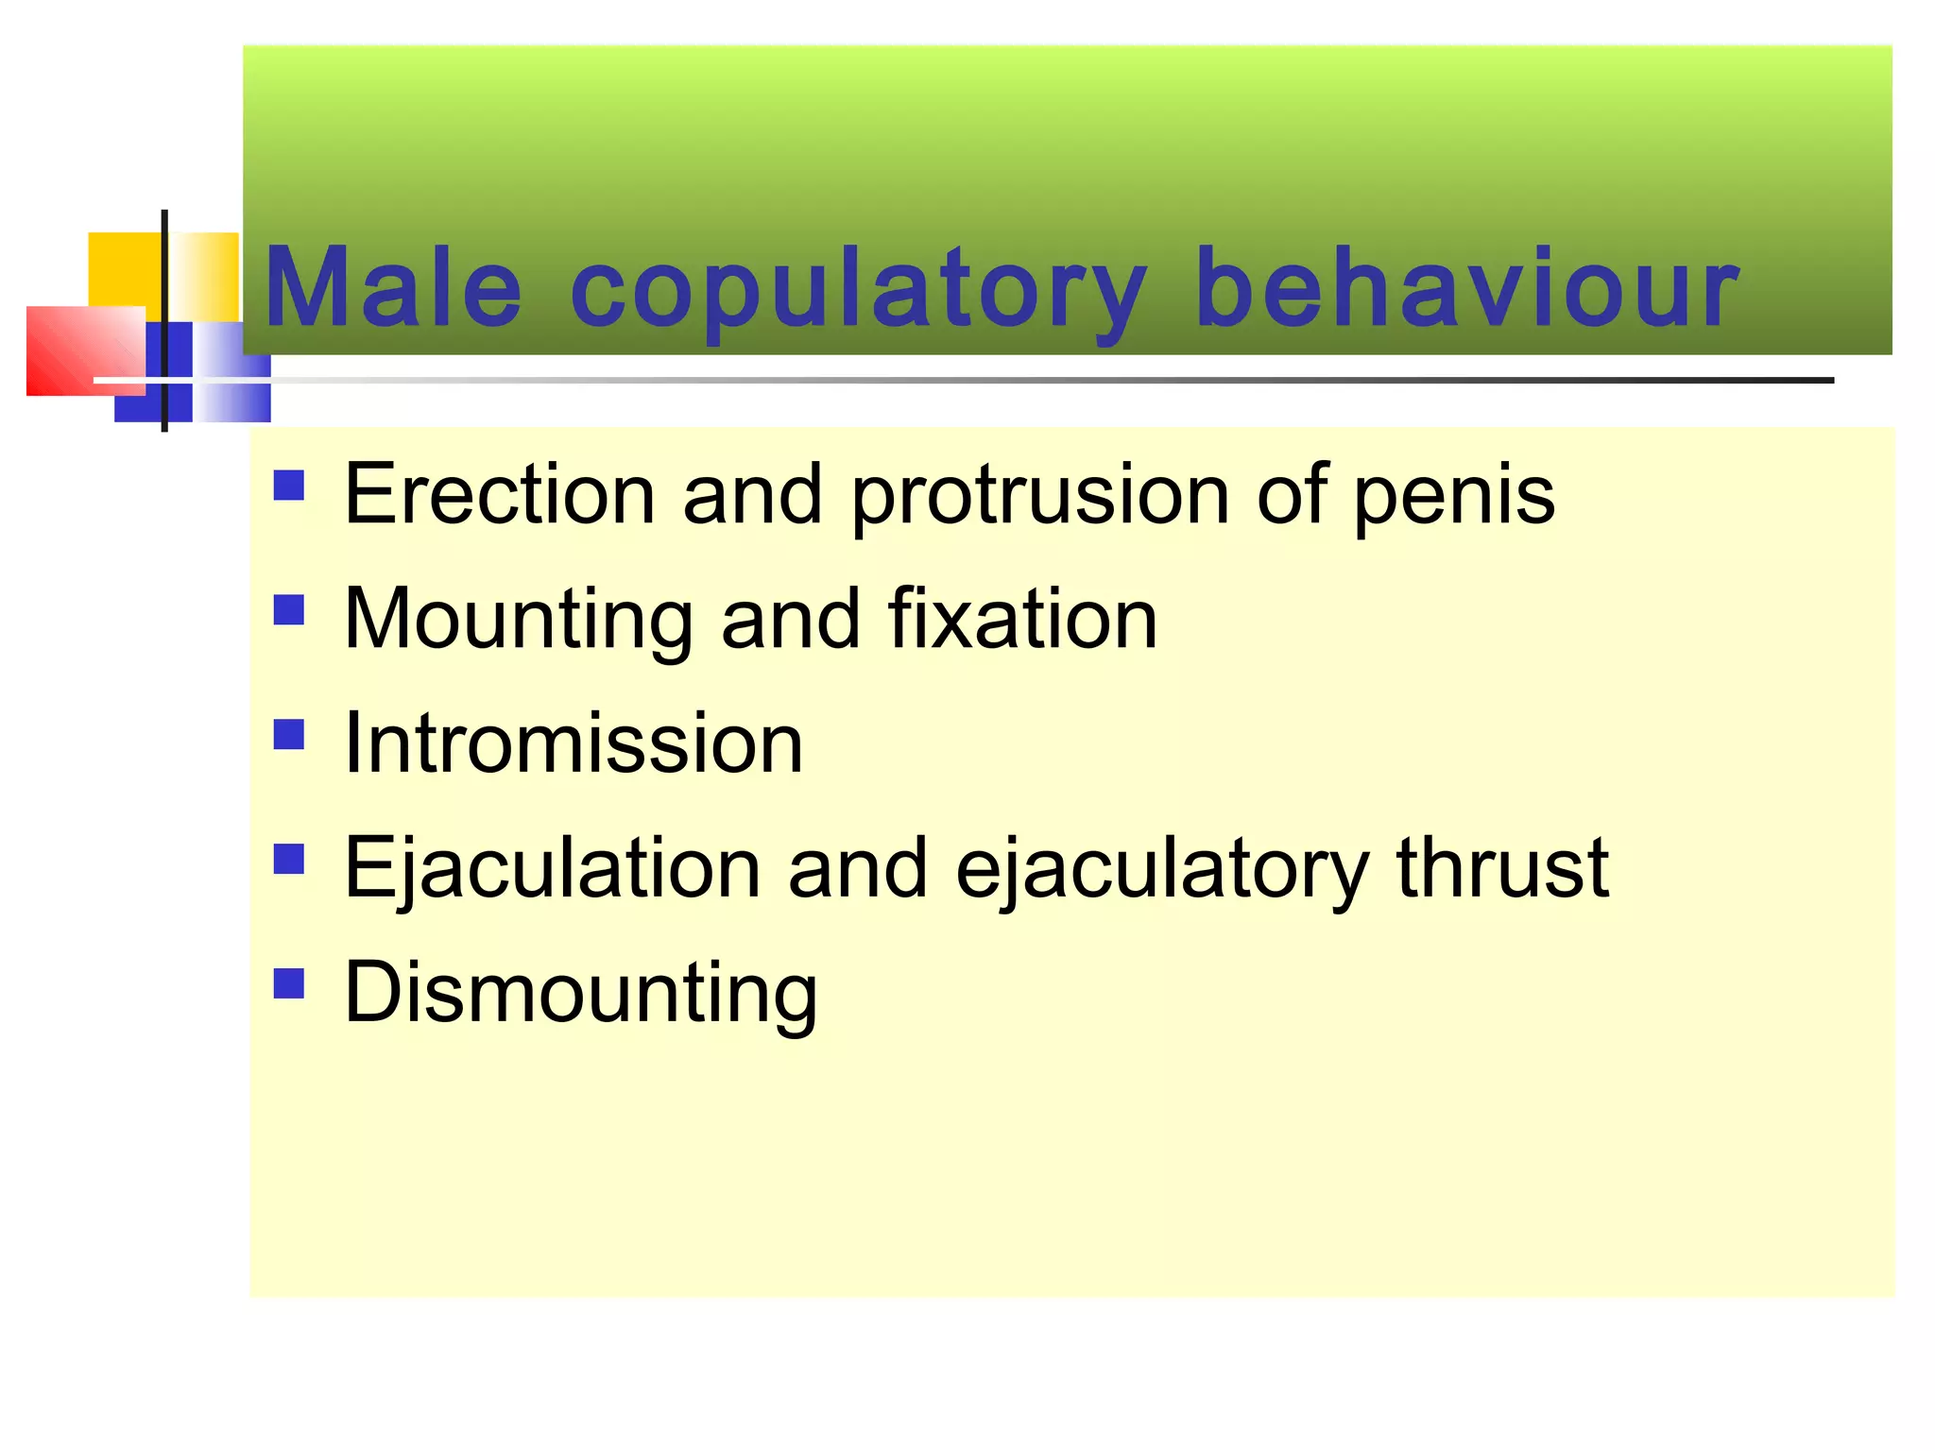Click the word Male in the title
click(x=392, y=287)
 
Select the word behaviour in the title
click(x=1466, y=287)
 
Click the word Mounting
click(x=519, y=621)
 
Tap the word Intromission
click(x=574, y=743)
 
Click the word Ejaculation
click(x=553, y=868)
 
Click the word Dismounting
click(x=581, y=993)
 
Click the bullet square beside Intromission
click(x=289, y=734)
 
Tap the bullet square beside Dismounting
click(x=289, y=983)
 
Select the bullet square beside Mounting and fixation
click(x=289, y=610)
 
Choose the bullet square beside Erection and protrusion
click(x=289, y=486)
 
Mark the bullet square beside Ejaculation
click(x=289, y=859)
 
